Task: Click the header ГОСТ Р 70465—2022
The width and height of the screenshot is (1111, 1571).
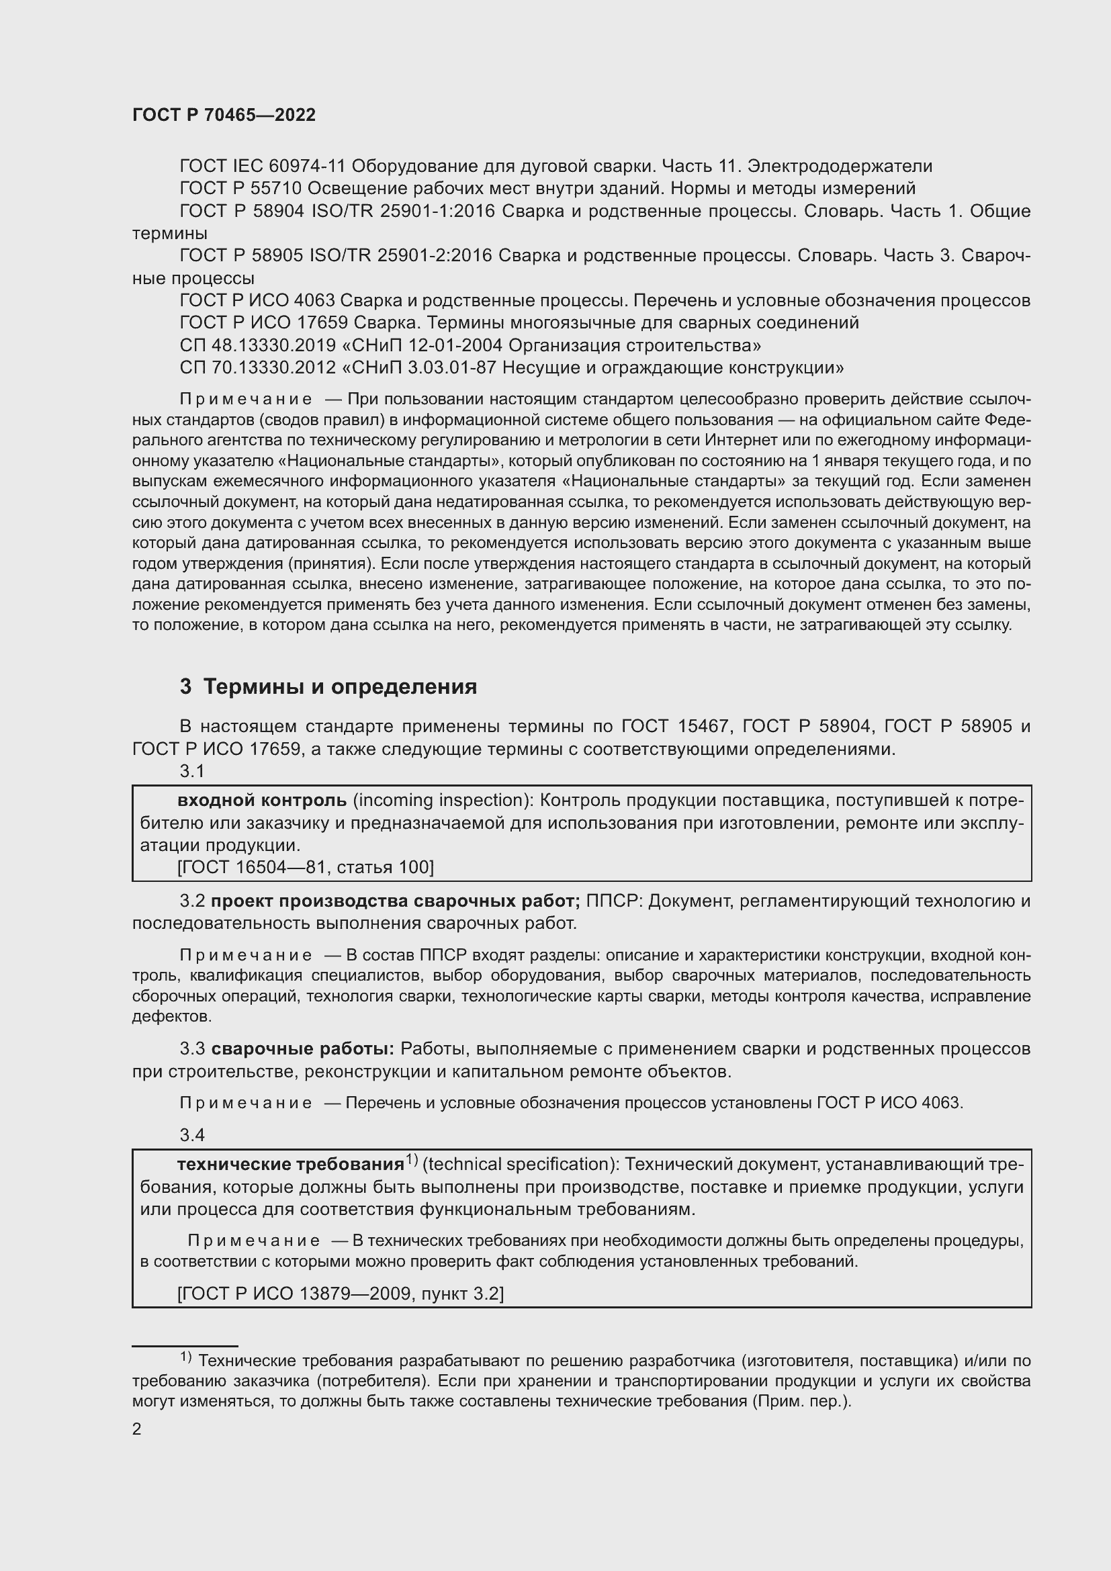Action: [x=224, y=115]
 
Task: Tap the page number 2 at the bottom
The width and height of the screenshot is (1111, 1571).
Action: [x=137, y=1429]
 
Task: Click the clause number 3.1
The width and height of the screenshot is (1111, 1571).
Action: [x=192, y=771]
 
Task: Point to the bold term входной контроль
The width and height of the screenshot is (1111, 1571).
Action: [x=262, y=800]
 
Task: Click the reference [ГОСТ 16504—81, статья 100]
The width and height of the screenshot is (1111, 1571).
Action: [x=305, y=867]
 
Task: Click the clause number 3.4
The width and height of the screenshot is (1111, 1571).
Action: [x=192, y=1135]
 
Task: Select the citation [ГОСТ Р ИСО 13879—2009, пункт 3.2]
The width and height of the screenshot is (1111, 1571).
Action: [x=340, y=1293]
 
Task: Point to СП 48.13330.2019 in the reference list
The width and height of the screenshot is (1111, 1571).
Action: [x=257, y=345]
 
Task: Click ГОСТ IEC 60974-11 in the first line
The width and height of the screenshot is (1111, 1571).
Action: [x=263, y=167]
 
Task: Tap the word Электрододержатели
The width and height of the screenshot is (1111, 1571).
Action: [x=840, y=167]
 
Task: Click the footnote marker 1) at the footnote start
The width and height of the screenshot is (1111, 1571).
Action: [x=186, y=1356]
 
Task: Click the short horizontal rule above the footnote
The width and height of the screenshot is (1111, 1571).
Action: [x=185, y=1345]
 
